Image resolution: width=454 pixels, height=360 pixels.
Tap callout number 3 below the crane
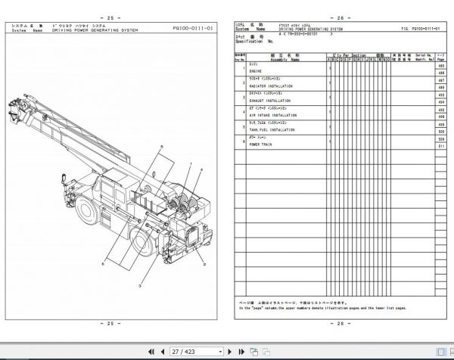pyautogui.click(x=139, y=288)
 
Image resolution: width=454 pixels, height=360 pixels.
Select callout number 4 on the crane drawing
pyautogui.click(x=199, y=173)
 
